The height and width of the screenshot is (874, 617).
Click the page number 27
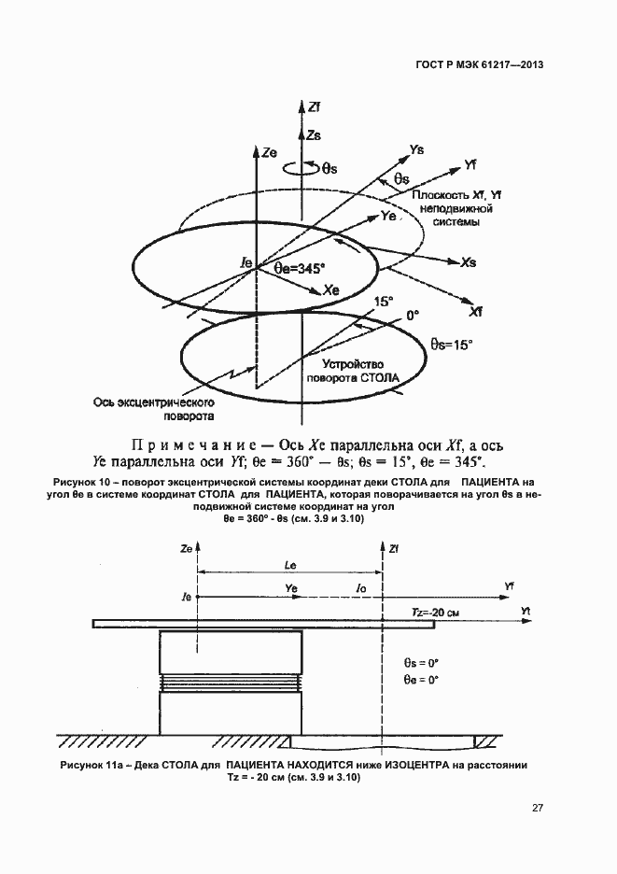tap(537, 808)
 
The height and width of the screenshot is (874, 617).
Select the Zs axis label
tap(314, 135)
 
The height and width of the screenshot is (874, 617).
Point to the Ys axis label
tap(417, 149)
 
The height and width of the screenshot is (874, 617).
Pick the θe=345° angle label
tap(300, 267)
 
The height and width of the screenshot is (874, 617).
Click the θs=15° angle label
tap(452, 344)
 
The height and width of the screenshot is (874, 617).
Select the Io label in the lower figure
tap(362, 588)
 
